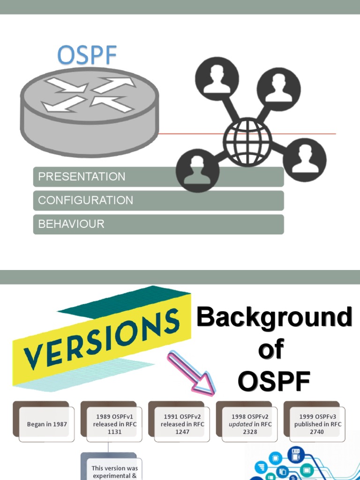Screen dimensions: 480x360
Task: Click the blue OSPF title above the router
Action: point(87,56)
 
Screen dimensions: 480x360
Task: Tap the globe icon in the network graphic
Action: point(247,141)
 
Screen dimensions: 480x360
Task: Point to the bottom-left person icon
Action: point(197,170)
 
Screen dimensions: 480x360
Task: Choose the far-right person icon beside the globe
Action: point(304,160)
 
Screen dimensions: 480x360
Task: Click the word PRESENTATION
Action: point(82,177)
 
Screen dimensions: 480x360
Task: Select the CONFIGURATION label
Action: point(85,201)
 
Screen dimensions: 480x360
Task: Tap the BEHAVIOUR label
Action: point(71,224)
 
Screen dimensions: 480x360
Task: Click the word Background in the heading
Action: point(274,318)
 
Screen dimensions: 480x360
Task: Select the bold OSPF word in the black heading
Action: point(274,382)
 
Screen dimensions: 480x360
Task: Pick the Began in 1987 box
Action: point(47,424)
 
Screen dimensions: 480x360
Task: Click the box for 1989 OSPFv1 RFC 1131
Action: point(114,424)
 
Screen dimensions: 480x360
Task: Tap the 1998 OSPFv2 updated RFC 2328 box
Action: point(250,424)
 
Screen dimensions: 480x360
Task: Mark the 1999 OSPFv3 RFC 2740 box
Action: point(317,424)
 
